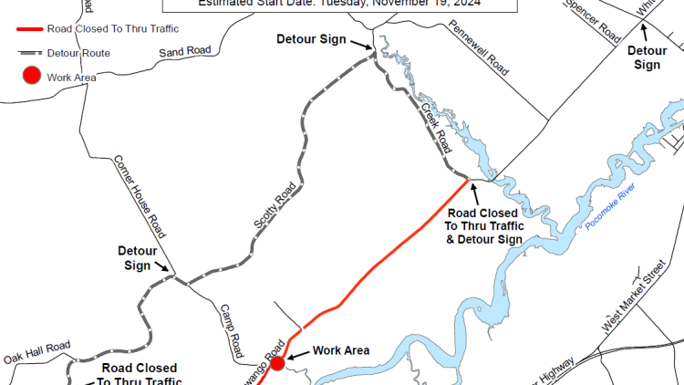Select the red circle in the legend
coord(31,77)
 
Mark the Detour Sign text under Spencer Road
coord(647,57)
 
